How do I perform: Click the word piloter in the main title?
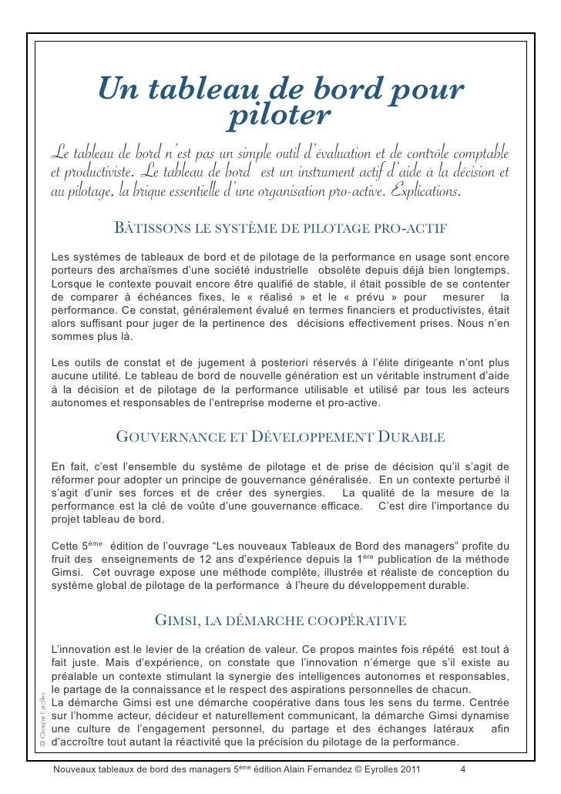tap(280, 116)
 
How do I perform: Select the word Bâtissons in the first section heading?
tap(146, 230)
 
